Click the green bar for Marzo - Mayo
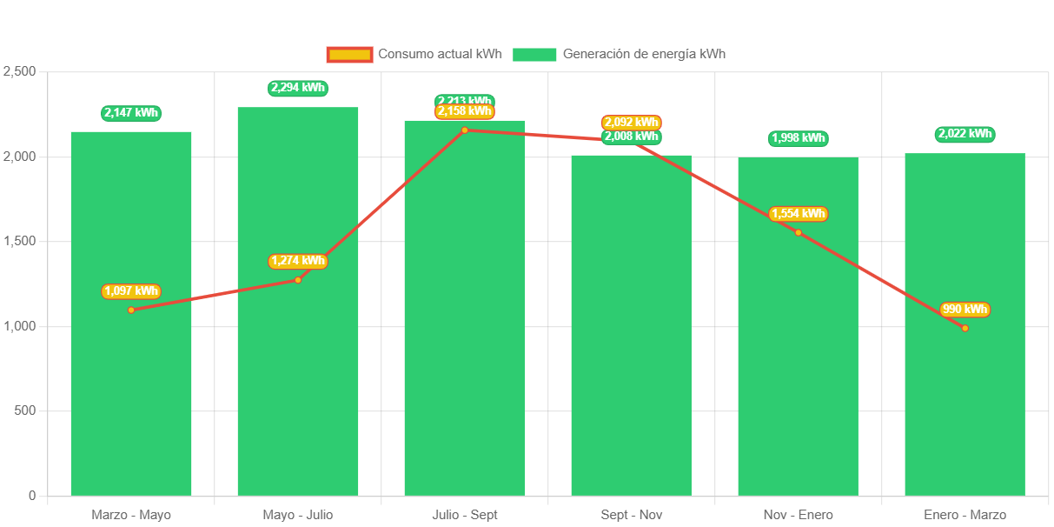pyautogui.click(x=131, y=391)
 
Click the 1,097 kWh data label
pyautogui.click(x=131, y=291)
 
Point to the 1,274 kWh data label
pyautogui.click(x=297, y=261)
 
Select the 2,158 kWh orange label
pyautogui.click(x=464, y=111)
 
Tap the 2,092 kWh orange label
pyautogui.click(x=631, y=123)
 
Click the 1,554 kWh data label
pyautogui.click(x=798, y=214)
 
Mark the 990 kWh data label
pyautogui.click(x=965, y=310)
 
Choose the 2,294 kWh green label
pyautogui.click(x=297, y=88)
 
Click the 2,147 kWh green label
pyautogui.click(x=131, y=113)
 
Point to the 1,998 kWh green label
pyautogui.click(x=798, y=138)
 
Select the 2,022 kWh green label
pyautogui.click(x=965, y=134)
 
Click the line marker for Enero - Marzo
pyautogui.click(x=965, y=328)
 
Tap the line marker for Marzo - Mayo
pyautogui.click(x=131, y=310)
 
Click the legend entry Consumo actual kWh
pyautogui.click(x=414, y=54)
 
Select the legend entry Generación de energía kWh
pyautogui.click(x=619, y=54)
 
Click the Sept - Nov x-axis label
pyautogui.click(x=631, y=515)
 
